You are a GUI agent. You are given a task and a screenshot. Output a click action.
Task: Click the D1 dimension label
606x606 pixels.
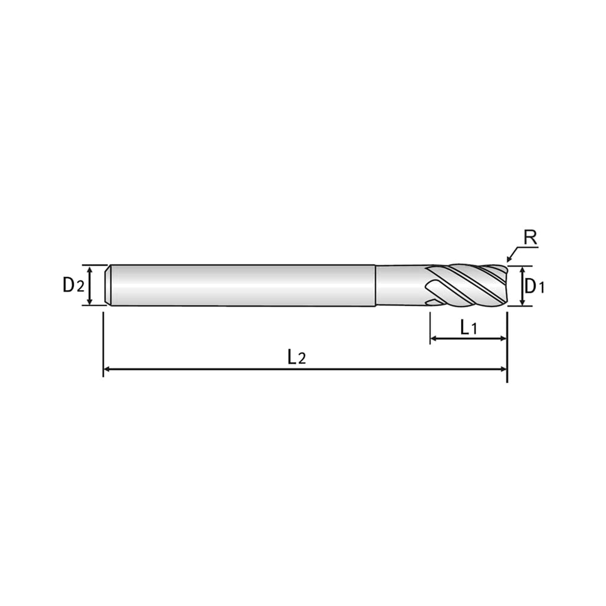click(534, 286)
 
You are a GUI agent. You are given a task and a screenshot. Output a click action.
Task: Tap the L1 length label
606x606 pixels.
click(468, 328)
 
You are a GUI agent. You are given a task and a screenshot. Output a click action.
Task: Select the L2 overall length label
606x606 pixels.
click(296, 357)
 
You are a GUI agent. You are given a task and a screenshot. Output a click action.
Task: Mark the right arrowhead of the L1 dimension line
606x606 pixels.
click(503, 338)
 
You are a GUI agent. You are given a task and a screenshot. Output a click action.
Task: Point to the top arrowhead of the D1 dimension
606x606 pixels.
click(522, 270)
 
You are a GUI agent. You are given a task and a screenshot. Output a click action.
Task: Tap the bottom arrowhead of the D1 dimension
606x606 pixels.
click(522, 302)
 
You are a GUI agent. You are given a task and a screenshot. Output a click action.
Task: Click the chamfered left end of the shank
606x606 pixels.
click(108, 285)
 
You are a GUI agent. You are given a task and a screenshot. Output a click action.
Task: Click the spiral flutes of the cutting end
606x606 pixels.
click(466, 286)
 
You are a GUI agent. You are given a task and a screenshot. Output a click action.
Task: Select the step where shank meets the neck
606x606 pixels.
click(375, 285)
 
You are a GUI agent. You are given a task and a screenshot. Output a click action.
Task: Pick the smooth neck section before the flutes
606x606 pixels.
click(401, 285)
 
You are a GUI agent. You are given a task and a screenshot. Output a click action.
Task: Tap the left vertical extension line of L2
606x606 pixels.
click(103, 344)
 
